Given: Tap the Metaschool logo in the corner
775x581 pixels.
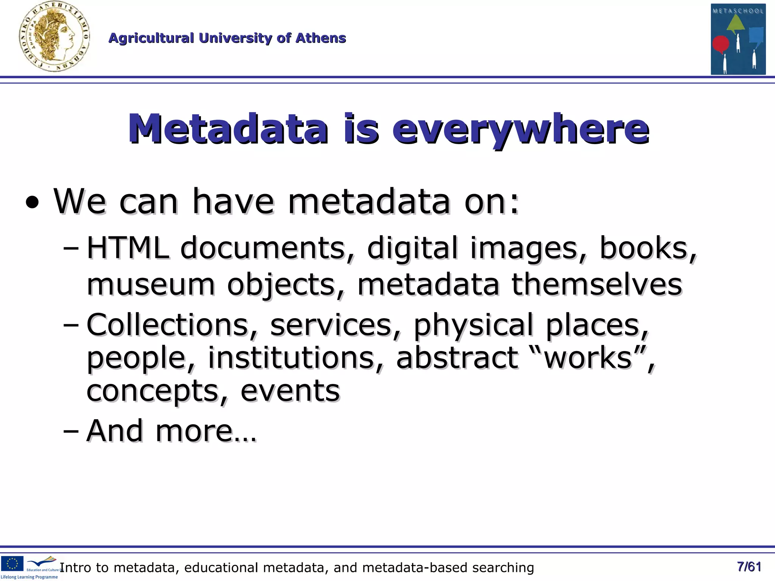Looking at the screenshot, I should [x=738, y=39].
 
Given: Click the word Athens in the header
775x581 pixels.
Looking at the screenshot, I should [x=321, y=38].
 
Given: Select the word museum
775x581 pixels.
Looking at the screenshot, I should [x=151, y=284].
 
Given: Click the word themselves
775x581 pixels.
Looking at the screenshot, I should [x=597, y=284].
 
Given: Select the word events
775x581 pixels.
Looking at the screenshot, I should [x=290, y=391].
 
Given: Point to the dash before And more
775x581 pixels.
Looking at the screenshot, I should [x=71, y=431].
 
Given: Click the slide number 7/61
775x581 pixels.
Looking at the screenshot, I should [x=749, y=567].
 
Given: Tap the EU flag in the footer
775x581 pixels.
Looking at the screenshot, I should [x=12, y=563].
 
